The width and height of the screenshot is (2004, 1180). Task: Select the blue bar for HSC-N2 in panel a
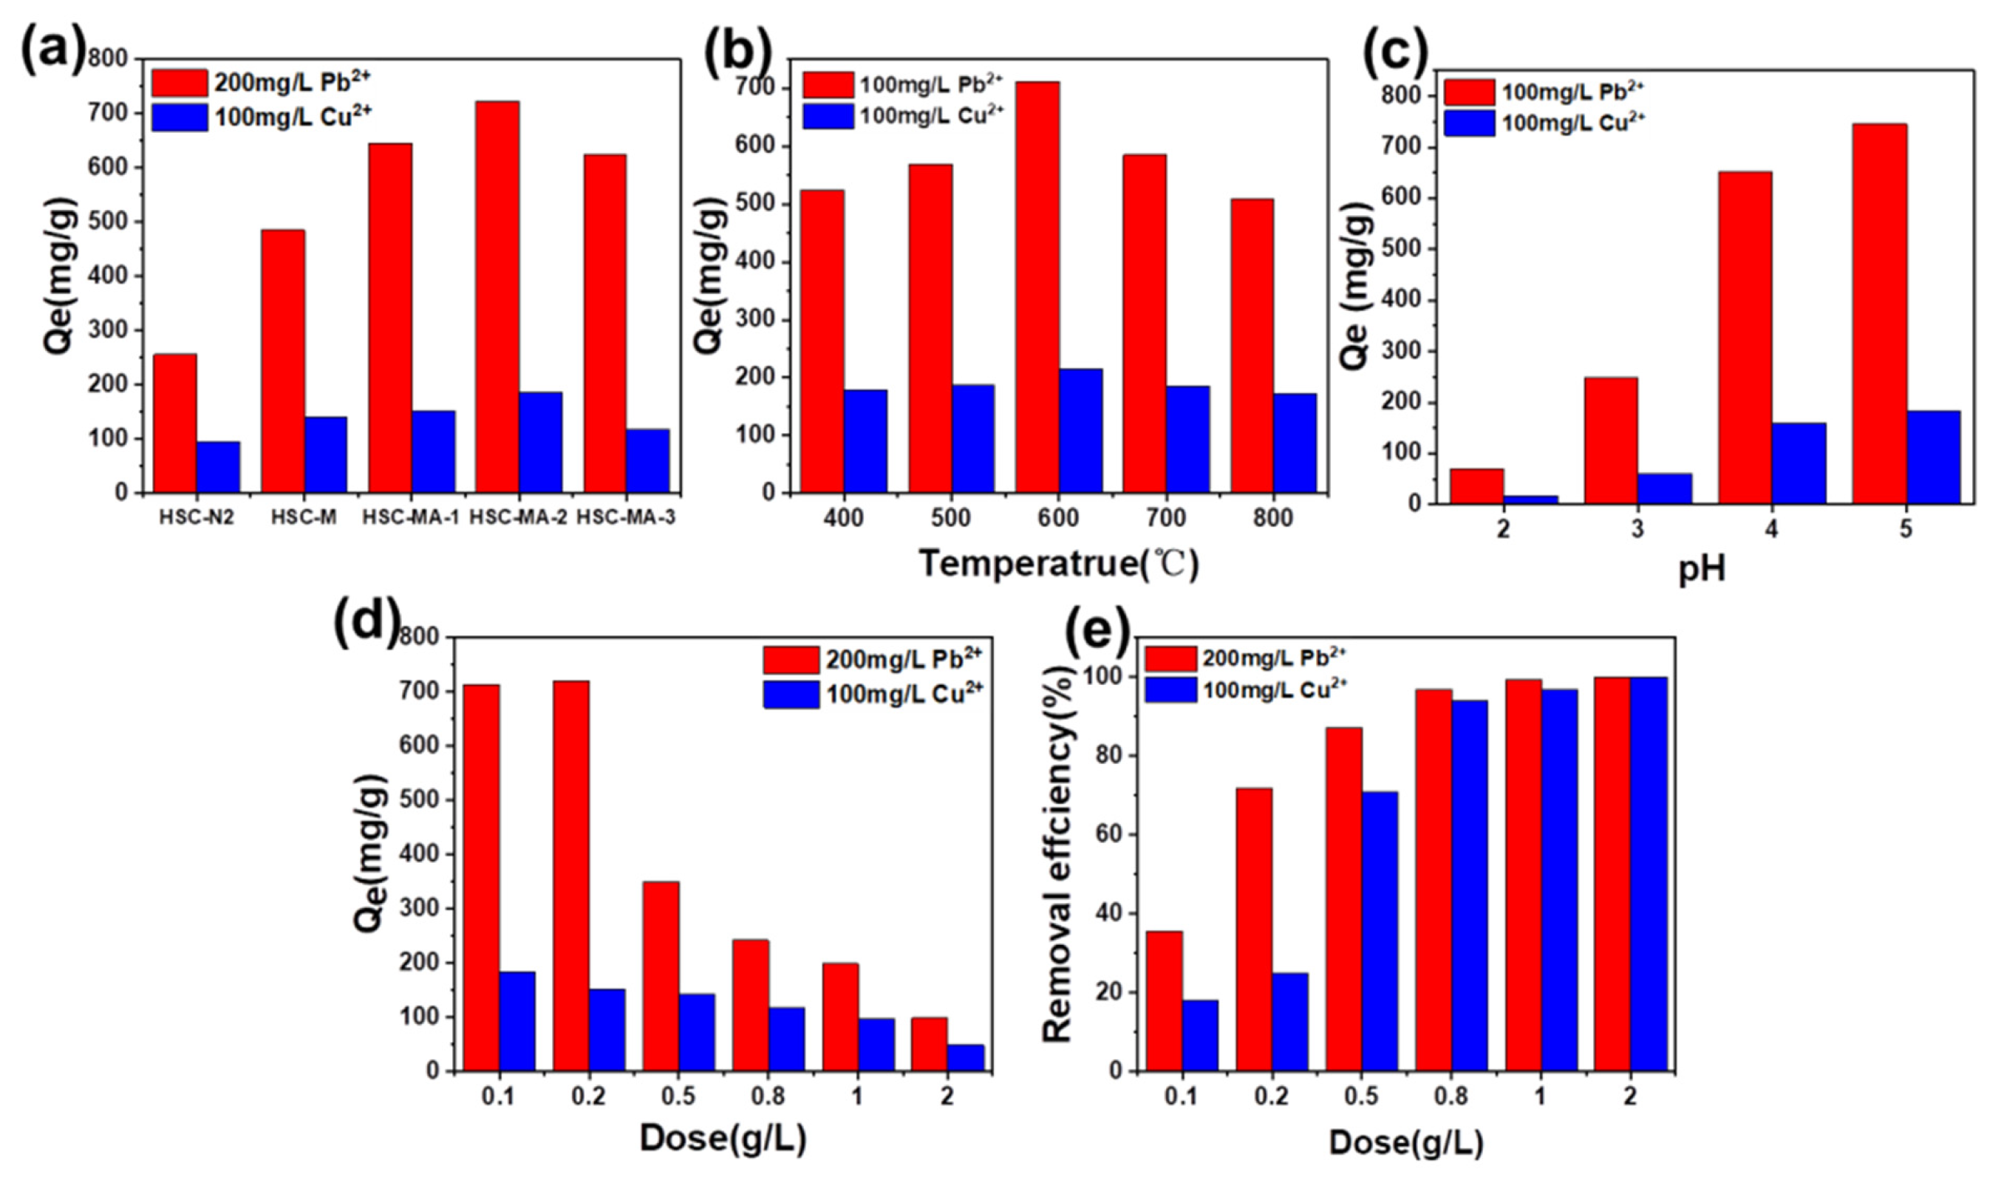(218, 468)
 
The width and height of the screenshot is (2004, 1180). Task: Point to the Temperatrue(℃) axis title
(1058, 565)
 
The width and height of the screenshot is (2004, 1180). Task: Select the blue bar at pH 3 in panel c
(1664, 488)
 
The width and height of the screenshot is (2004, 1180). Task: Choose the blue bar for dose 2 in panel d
(964, 1057)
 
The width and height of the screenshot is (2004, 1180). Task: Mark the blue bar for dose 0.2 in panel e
(1289, 1022)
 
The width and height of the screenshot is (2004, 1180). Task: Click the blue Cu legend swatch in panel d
(791, 694)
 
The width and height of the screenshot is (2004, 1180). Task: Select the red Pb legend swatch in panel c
(1469, 92)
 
